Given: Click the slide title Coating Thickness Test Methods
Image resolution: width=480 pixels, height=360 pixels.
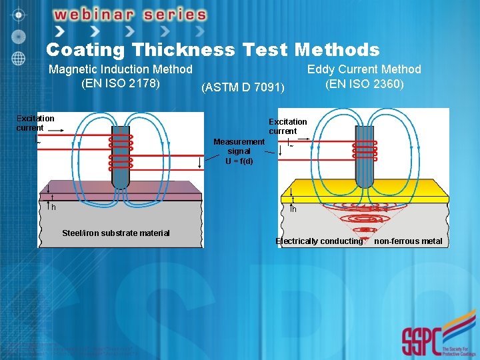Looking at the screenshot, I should pos(213,50).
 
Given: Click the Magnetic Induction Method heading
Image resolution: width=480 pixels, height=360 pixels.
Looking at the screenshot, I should pos(121,69).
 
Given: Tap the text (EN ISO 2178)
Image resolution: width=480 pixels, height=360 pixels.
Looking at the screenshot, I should pos(120,84).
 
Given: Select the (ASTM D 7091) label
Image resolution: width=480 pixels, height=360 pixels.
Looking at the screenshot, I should pos(243,88).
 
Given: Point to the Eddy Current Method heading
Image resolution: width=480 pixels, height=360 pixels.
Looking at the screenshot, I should pos(364,69).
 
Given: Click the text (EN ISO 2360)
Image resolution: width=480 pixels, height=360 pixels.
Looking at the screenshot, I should pos(364,85).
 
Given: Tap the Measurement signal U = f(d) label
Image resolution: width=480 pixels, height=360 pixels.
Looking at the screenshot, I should pos(239,151).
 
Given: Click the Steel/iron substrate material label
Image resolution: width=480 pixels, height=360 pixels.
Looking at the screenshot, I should pos(115,233).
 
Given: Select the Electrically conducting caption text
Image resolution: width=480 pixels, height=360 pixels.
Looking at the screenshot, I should pos(319,241).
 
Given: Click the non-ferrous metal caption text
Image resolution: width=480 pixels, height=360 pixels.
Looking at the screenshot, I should pos(408,241).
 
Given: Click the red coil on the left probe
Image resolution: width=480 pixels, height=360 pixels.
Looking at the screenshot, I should pos(121,151).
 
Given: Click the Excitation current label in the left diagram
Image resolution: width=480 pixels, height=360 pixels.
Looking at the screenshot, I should pos(35,123).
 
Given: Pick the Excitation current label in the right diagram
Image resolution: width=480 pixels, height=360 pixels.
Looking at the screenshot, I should pos(287,126).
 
